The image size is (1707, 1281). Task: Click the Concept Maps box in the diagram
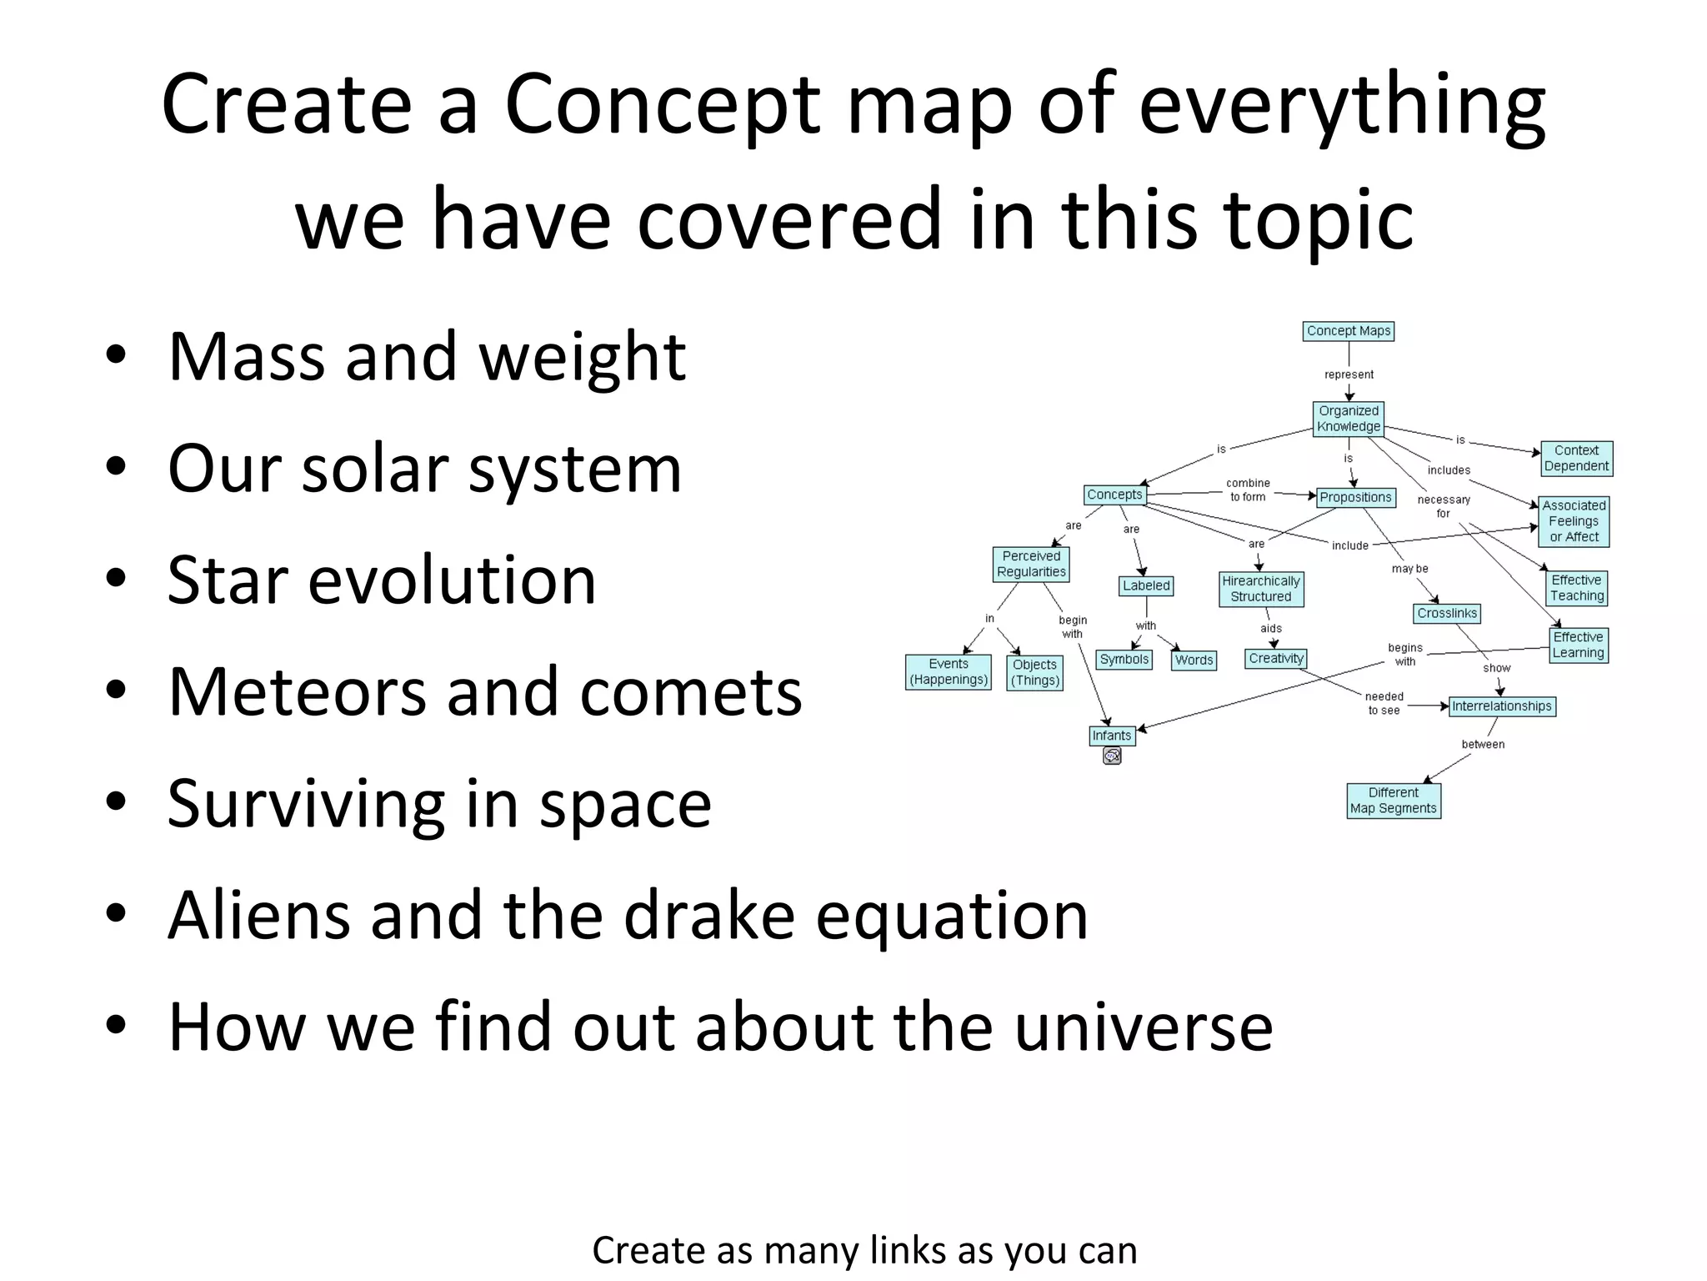click(x=1348, y=331)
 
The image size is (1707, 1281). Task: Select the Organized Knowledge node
click(x=1348, y=419)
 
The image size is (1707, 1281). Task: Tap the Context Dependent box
click(x=1575, y=459)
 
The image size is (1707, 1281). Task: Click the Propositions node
click(x=1355, y=498)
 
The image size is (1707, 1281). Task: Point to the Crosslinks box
click(x=1446, y=614)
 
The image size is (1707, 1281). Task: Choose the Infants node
click(x=1111, y=736)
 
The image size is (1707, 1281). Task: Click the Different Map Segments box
click(x=1393, y=801)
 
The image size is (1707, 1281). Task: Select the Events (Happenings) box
click(x=948, y=672)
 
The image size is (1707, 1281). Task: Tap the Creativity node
click(x=1275, y=659)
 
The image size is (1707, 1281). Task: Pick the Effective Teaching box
click(x=1576, y=588)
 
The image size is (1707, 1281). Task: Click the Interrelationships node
click(x=1501, y=706)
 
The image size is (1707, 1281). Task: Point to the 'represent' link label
click(x=1349, y=374)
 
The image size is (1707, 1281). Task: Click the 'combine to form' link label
click(x=1248, y=490)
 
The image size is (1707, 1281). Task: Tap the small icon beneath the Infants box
click(x=1112, y=756)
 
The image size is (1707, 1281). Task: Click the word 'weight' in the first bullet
click(x=582, y=357)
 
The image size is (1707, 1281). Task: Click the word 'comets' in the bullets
click(x=715, y=692)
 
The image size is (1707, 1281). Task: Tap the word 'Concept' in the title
click(x=663, y=106)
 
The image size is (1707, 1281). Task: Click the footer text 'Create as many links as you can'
click(x=864, y=1250)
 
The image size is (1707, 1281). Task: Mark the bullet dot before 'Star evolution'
click(x=116, y=578)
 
